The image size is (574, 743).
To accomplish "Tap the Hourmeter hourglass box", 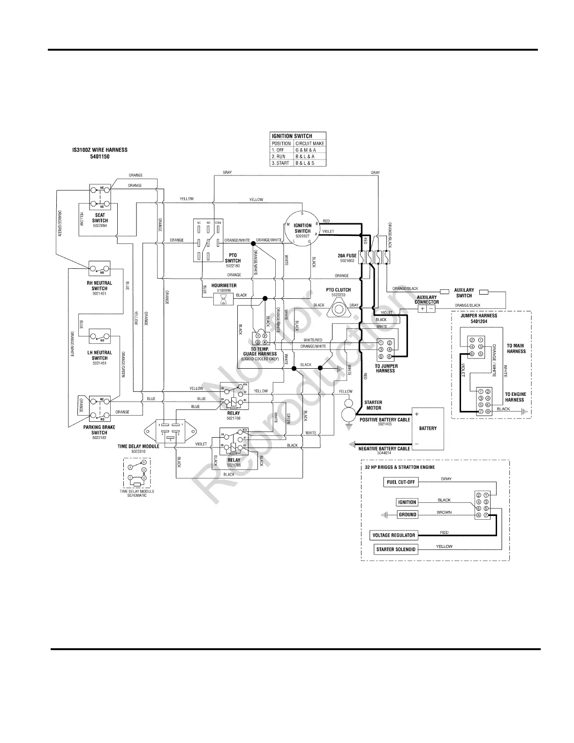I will (223, 299).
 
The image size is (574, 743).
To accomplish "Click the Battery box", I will (427, 428).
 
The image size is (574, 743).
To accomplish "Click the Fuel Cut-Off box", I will (400, 482).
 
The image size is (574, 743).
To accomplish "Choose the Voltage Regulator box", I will (393, 535).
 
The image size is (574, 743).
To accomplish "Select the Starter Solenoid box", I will (396, 549).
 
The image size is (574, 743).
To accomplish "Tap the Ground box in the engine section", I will (407, 515).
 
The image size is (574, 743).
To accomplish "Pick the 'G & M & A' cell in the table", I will (309, 150).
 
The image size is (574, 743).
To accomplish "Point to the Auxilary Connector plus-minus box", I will (426, 309).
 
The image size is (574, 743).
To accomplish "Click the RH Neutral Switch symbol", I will (99, 268).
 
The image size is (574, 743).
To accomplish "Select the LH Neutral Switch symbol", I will (100, 337).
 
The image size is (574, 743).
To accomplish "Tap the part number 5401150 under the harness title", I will (99, 157).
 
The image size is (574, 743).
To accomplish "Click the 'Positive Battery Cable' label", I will (385, 420).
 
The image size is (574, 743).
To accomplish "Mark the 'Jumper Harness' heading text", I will (478, 316).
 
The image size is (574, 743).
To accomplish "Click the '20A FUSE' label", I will (347, 256).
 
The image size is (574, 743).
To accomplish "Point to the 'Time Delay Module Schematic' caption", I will (137, 493).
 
